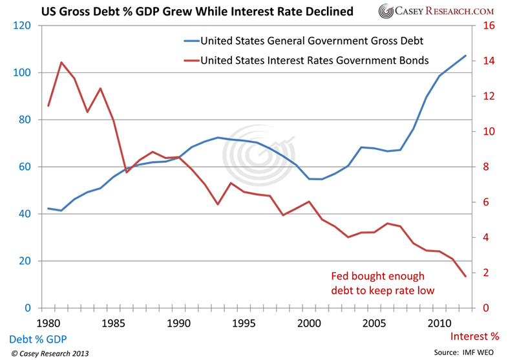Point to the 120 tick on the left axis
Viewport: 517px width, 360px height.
(23, 26)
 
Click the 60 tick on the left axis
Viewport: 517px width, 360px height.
(25, 167)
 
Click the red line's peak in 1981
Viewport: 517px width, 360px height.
(61, 63)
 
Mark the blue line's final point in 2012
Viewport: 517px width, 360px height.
(465, 56)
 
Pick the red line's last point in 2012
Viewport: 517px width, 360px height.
(465, 277)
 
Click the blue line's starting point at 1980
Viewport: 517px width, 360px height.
(48, 208)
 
